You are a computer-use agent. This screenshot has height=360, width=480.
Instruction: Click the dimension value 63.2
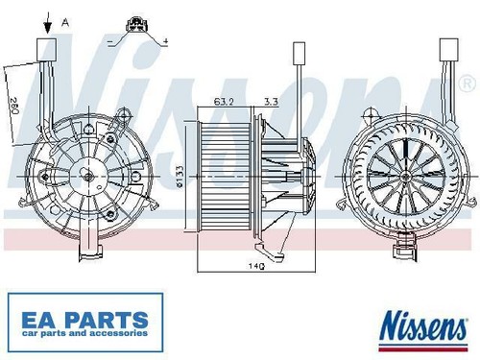click(x=224, y=102)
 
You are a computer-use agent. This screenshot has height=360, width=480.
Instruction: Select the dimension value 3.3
click(x=271, y=102)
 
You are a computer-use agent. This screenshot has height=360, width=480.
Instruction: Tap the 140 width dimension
click(x=256, y=265)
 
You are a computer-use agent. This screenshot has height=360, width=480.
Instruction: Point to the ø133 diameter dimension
click(x=180, y=177)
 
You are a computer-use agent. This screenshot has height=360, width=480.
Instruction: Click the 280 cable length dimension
click(x=14, y=106)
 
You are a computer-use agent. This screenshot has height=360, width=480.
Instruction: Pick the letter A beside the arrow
click(x=65, y=22)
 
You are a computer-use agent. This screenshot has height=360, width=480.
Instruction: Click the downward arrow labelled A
click(x=48, y=23)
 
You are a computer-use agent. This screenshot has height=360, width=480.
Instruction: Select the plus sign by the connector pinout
click(x=165, y=41)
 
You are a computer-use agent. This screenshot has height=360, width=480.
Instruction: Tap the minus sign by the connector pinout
click(x=110, y=41)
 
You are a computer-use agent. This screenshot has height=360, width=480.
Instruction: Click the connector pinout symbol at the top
click(x=137, y=25)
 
